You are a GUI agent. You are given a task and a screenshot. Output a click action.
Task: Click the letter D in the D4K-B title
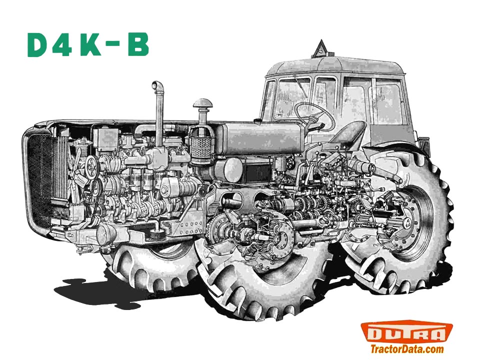[x=39, y=45]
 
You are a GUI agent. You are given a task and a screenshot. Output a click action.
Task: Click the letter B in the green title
[x=138, y=44]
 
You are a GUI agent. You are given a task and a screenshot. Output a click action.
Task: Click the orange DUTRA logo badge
[x=406, y=332]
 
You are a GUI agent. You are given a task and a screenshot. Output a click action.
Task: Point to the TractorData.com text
[x=407, y=349]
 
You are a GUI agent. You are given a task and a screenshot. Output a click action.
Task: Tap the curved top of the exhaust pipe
[x=157, y=85]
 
